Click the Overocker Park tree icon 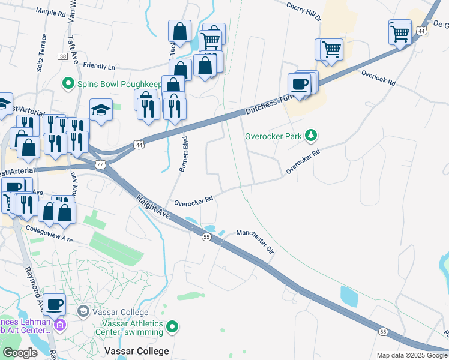point(311,136)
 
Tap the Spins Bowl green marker point(69,83)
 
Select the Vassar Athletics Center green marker point(173,327)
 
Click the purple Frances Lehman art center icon point(59,325)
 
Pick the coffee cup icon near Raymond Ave point(55,304)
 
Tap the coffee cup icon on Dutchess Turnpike point(299,84)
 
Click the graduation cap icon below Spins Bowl point(101,109)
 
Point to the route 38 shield point(62,56)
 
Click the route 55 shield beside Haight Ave point(206,238)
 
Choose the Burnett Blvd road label point(182,155)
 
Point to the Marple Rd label point(50,11)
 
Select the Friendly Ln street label point(99,65)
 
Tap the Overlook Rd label point(378,77)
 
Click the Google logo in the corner point(20,353)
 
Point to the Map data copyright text point(412,355)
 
